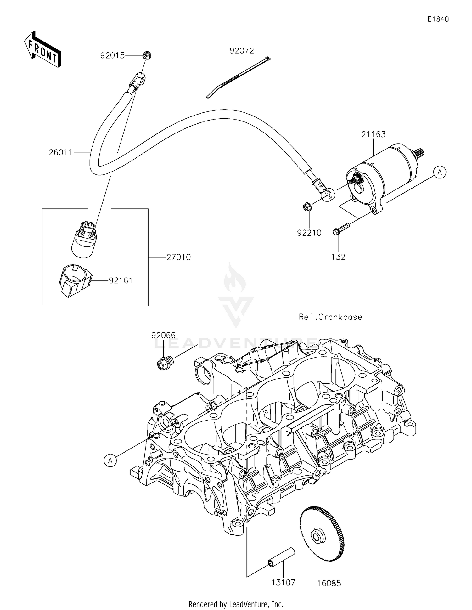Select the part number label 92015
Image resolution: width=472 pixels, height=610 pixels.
pyautogui.click(x=112, y=56)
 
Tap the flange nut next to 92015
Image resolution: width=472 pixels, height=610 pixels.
pyautogui.click(x=146, y=55)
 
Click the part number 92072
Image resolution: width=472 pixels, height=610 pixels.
pyautogui.click(x=242, y=51)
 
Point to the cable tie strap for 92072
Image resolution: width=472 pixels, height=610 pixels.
pyautogui.click(x=238, y=77)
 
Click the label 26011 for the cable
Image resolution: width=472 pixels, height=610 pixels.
pyautogui.click(x=61, y=153)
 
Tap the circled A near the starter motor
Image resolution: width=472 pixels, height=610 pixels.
pyautogui.click(x=440, y=172)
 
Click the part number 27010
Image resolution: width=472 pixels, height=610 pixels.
pyautogui.click(x=178, y=257)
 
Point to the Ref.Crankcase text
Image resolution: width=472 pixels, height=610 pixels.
pyautogui.click(x=330, y=317)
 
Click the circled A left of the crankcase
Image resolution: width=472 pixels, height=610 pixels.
pyautogui.click(x=110, y=461)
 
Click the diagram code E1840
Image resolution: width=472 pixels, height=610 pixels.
pyautogui.click(x=438, y=19)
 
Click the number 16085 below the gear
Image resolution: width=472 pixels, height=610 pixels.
pyautogui.click(x=329, y=583)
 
